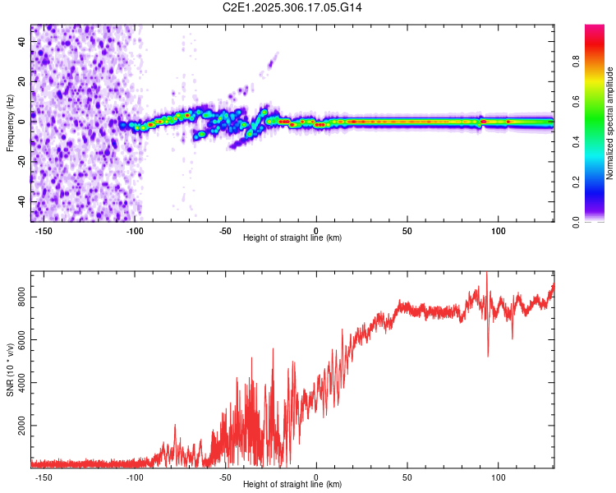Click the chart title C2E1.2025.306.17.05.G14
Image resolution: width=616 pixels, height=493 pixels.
[x=293, y=7]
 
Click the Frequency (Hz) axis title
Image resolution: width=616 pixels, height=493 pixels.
[x=10, y=123]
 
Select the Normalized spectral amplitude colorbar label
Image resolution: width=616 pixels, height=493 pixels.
[x=609, y=123]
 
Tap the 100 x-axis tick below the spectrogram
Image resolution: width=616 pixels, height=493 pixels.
[x=499, y=229]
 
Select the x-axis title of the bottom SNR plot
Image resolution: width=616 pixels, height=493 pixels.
[x=292, y=485]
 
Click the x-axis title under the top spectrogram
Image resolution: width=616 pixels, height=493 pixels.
[x=292, y=237]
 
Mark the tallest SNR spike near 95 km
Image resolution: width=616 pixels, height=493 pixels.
[x=486, y=274]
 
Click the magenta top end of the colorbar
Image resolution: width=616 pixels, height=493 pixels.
[x=595, y=28]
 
